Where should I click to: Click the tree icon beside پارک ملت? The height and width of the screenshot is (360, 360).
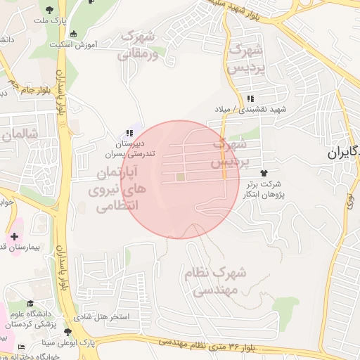[x=50, y=10]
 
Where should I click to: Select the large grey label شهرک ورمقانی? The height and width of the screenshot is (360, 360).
[x=146, y=44]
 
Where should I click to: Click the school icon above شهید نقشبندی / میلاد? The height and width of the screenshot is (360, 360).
[x=251, y=98]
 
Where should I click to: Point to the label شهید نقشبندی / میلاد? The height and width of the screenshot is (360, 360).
[x=251, y=110]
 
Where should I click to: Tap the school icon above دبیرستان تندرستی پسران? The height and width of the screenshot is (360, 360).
[x=129, y=133]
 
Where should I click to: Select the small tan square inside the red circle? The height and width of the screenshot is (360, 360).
[x=181, y=176]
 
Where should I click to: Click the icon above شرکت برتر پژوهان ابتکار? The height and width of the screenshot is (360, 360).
[x=264, y=172]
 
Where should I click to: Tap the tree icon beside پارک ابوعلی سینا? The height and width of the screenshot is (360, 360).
[x=67, y=332]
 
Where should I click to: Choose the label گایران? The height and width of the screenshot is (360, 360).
[x=345, y=153]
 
